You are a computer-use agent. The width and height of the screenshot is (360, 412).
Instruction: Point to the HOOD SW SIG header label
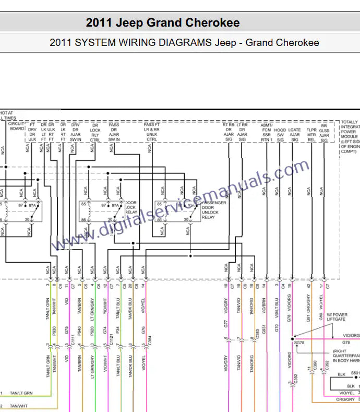[280, 133]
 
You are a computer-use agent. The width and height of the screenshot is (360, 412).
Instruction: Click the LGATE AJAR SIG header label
[295, 133]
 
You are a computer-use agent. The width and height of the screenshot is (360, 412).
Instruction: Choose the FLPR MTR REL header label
[311, 133]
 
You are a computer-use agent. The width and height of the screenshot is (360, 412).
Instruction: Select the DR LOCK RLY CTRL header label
[95, 133]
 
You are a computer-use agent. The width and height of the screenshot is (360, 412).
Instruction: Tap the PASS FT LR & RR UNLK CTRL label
[151, 133]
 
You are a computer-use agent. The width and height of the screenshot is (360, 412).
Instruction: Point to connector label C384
[150, 342]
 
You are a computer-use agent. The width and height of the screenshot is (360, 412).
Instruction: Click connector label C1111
[74, 342]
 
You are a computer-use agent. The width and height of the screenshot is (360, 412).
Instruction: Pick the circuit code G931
[265, 329]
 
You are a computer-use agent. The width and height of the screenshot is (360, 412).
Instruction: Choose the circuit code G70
[277, 329]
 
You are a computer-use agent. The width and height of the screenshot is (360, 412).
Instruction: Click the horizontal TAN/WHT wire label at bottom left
[19, 406]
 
